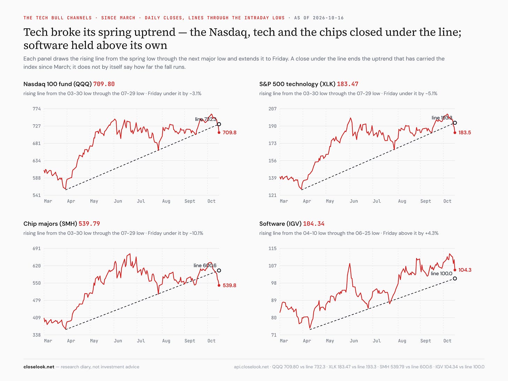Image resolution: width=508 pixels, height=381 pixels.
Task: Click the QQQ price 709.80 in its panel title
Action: pyautogui.click(x=104, y=84)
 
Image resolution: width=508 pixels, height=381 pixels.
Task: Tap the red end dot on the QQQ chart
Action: pyautogui.click(x=219, y=132)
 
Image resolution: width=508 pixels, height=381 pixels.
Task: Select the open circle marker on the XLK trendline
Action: pyautogui.click(x=455, y=123)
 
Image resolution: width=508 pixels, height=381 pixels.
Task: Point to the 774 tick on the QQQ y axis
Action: pyautogui.click(x=37, y=109)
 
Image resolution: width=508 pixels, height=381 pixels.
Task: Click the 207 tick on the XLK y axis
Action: pyautogui.click(x=272, y=109)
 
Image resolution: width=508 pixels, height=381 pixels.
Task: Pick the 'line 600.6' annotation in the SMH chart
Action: pyautogui.click(x=205, y=265)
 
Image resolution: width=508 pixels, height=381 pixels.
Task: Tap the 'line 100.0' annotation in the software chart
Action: pyautogui.click(x=441, y=273)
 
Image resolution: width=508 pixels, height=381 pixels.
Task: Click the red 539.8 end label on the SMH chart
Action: pyautogui.click(x=229, y=285)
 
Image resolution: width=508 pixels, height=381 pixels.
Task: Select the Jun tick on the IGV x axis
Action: pyautogui.click(x=354, y=341)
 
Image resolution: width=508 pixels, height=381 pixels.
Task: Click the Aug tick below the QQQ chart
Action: pyautogui.click(x=166, y=201)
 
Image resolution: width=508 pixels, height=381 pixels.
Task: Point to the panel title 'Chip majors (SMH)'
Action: pyautogui.click(x=50, y=224)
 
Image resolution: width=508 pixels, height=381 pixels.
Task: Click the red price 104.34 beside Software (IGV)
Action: pyautogui.click(x=314, y=224)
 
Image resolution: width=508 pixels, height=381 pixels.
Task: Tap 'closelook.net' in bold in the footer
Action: pyautogui.click(x=39, y=367)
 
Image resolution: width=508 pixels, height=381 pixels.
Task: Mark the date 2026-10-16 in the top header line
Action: pyautogui.click(x=328, y=18)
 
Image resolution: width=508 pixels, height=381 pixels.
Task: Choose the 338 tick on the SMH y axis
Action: pyautogui.click(x=37, y=335)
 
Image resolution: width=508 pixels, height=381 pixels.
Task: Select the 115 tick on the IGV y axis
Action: pyautogui.click(x=272, y=248)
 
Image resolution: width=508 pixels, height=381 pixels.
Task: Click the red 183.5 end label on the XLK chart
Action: pyautogui.click(x=464, y=132)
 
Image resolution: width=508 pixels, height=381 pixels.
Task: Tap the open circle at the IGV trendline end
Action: pyautogui.click(x=455, y=278)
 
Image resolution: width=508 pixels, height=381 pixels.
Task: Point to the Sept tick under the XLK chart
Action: pyautogui.click(x=426, y=201)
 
